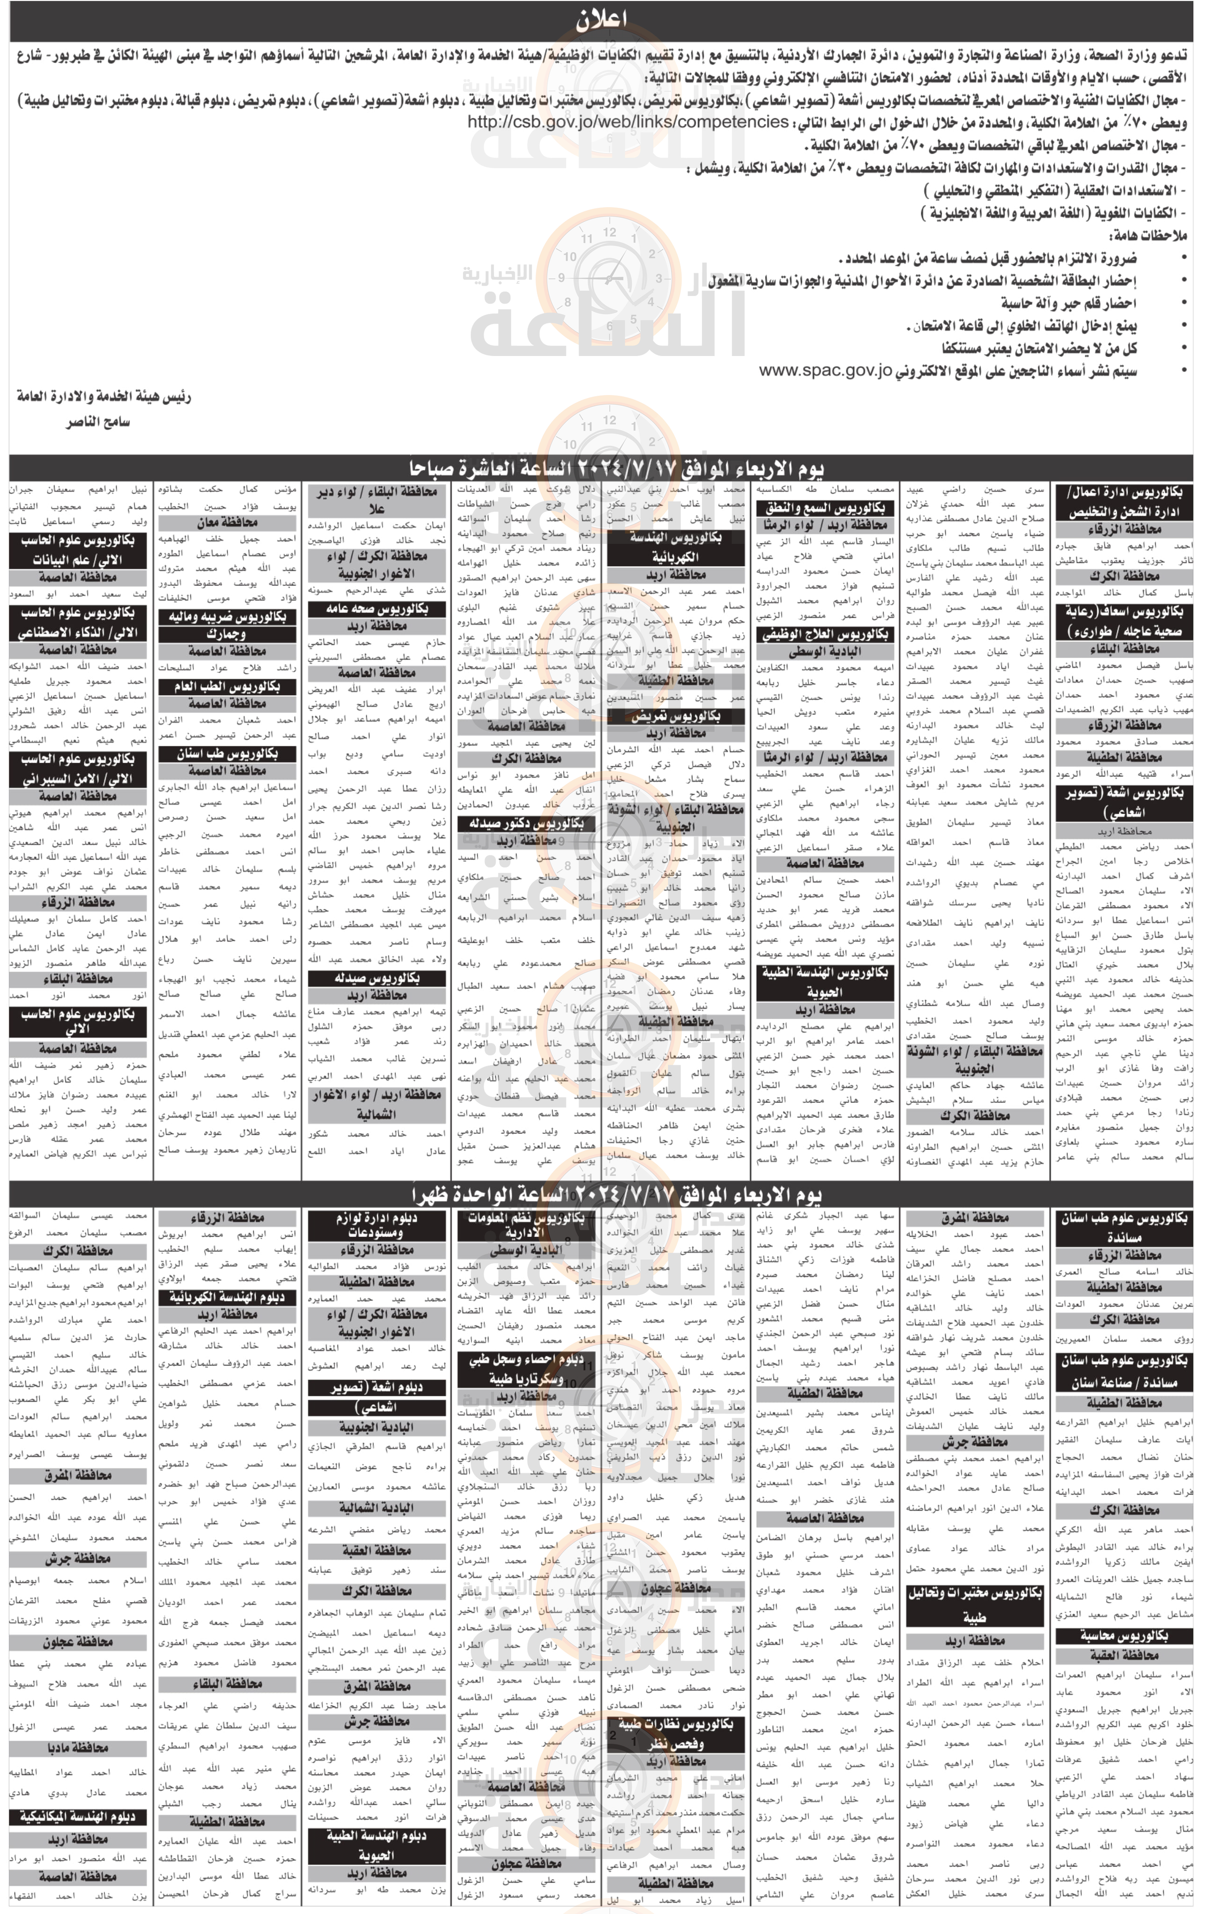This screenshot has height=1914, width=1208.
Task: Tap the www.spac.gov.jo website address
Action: tap(825, 371)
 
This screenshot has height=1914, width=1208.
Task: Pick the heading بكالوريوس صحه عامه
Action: tap(376, 609)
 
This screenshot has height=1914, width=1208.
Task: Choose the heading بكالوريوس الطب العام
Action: tap(227, 686)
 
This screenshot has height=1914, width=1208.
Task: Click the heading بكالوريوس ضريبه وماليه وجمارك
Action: tap(227, 625)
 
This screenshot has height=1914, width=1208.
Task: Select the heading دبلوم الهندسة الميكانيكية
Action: tap(77, 1816)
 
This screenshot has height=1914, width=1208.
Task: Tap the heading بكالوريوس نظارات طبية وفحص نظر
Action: tap(675, 1733)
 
